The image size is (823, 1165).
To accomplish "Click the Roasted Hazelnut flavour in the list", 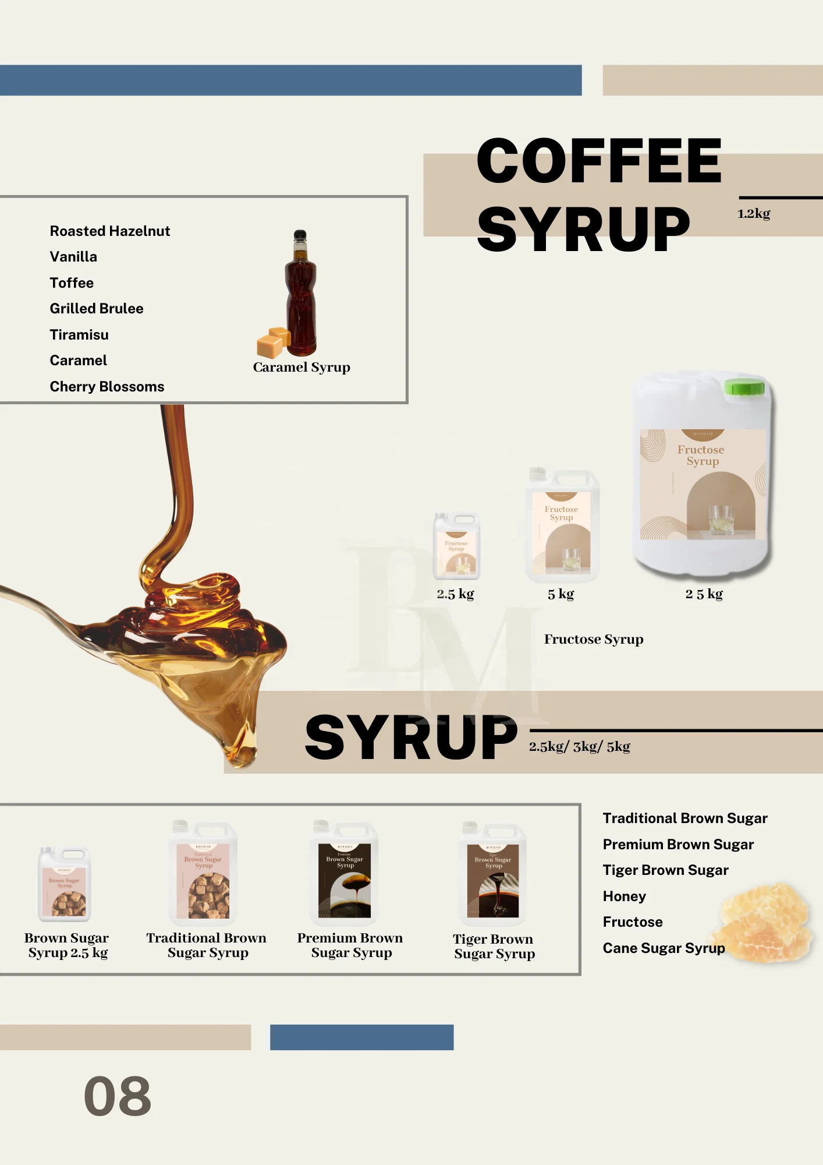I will tap(109, 231).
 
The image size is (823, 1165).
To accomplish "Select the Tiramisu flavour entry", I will tap(79, 335).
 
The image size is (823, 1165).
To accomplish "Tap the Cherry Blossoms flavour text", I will tap(107, 387).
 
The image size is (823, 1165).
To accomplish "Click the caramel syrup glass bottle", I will tap(301, 294).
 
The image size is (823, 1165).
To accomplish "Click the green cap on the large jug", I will tap(744, 387).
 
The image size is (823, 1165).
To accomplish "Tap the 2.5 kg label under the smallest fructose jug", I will tap(455, 594).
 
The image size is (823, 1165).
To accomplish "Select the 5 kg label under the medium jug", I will tap(561, 594).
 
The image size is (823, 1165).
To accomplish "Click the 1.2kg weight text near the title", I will tap(754, 214).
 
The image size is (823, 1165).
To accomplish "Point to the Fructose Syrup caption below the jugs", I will tap(594, 640).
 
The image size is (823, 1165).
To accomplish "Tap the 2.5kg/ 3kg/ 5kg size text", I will tap(579, 747).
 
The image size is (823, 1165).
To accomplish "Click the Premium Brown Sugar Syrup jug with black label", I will tap(345, 874).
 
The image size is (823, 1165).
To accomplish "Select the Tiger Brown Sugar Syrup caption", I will tap(494, 947).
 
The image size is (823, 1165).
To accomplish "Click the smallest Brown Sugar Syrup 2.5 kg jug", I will tap(65, 884).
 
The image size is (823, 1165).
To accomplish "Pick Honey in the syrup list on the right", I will tap(625, 896).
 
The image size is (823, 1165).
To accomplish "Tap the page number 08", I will tap(118, 1096).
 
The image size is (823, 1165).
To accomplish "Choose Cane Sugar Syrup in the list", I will tap(664, 948).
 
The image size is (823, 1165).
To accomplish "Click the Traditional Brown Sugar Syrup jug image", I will tap(203, 874).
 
